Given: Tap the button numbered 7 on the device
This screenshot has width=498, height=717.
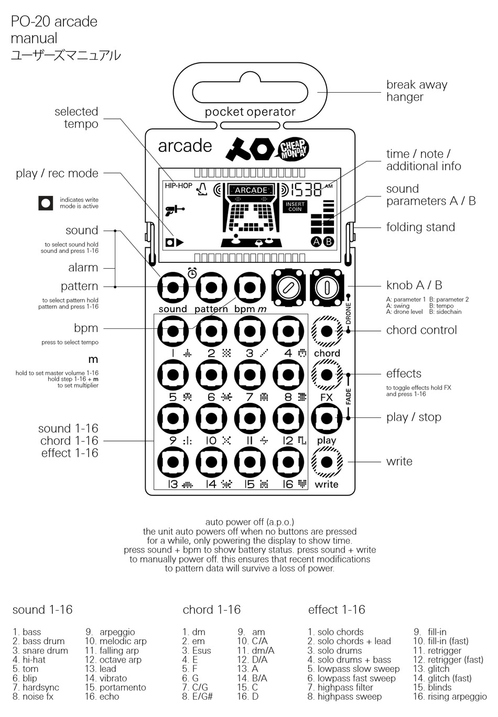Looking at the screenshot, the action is pyautogui.click(x=250, y=374).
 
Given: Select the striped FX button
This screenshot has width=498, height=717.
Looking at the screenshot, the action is pyautogui.click(x=327, y=374).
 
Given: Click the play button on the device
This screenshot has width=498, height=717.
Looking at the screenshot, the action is pyautogui.click(x=327, y=418).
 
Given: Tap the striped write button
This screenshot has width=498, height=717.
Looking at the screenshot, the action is pyautogui.click(x=327, y=462).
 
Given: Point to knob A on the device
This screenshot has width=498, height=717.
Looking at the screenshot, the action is pyautogui.click(x=288, y=288).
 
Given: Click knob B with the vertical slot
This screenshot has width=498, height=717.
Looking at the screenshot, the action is pyautogui.click(x=327, y=288).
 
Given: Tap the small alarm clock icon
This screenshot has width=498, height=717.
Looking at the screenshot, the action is pyautogui.click(x=192, y=272).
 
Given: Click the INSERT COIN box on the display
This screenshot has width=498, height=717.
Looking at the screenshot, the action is pyautogui.click(x=295, y=206).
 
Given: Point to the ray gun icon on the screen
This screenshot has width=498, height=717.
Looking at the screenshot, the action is pyautogui.click(x=175, y=211).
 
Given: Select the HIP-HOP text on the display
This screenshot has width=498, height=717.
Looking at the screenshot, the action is pyautogui.click(x=179, y=185).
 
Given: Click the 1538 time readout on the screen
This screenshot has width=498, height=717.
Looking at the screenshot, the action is pyautogui.click(x=306, y=190).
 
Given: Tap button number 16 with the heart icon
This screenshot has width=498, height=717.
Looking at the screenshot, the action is pyautogui.click(x=288, y=462).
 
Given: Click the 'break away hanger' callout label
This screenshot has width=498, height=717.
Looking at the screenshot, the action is pyautogui.click(x=417, y=91).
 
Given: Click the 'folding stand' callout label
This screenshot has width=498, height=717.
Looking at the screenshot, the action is pyautogui.click(x=420, y=227).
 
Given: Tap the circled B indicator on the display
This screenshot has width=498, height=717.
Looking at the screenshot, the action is pyautogui.click(x=329, y=241).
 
